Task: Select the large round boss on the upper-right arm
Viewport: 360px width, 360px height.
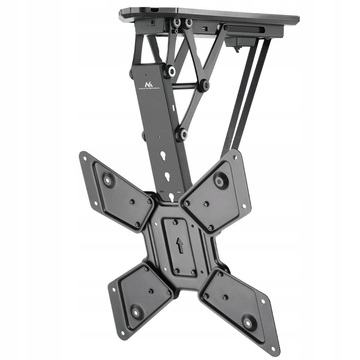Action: (x=220, y=181)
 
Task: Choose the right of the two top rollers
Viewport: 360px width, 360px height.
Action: (x=188, y=22)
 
